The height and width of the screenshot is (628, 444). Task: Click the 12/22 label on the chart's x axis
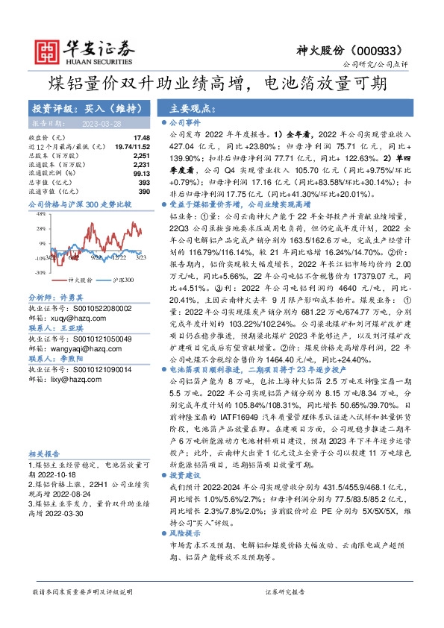pos(117,258)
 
